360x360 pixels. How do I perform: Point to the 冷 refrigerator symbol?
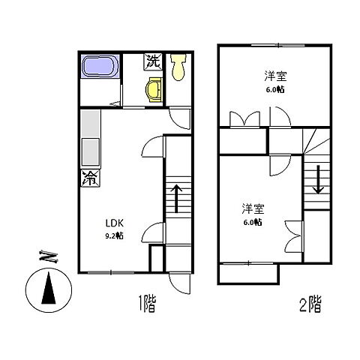89,178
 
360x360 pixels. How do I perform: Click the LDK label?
112,222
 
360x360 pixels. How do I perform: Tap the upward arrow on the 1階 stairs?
177,198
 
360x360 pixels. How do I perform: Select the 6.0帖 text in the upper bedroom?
274,89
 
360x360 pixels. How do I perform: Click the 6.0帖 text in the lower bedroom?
252,222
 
